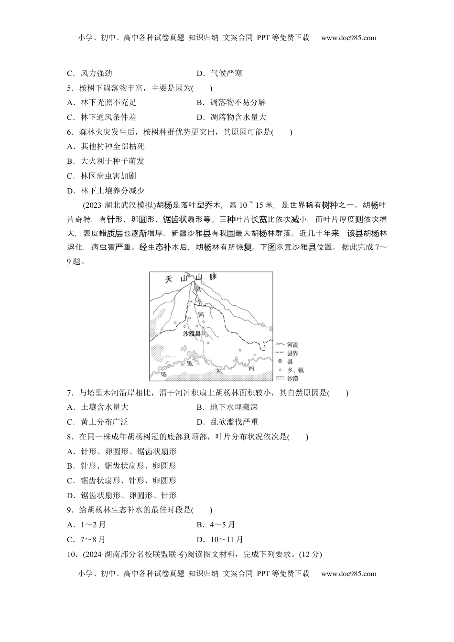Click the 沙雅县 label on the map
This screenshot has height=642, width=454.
pos(192,333)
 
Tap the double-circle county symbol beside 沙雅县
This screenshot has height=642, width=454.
pos(203,333)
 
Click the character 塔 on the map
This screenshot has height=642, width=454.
pos(164,374)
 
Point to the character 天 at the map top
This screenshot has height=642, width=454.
pos(168,280)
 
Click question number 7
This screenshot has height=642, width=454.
pos(70,393)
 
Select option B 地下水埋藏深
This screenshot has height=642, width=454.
pos(227,407)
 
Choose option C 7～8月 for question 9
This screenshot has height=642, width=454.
pos(86,540)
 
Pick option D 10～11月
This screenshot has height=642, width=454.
pos(220,540)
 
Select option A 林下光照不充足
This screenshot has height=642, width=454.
pos(102,103)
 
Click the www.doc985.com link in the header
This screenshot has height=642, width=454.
pos(348,38)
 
